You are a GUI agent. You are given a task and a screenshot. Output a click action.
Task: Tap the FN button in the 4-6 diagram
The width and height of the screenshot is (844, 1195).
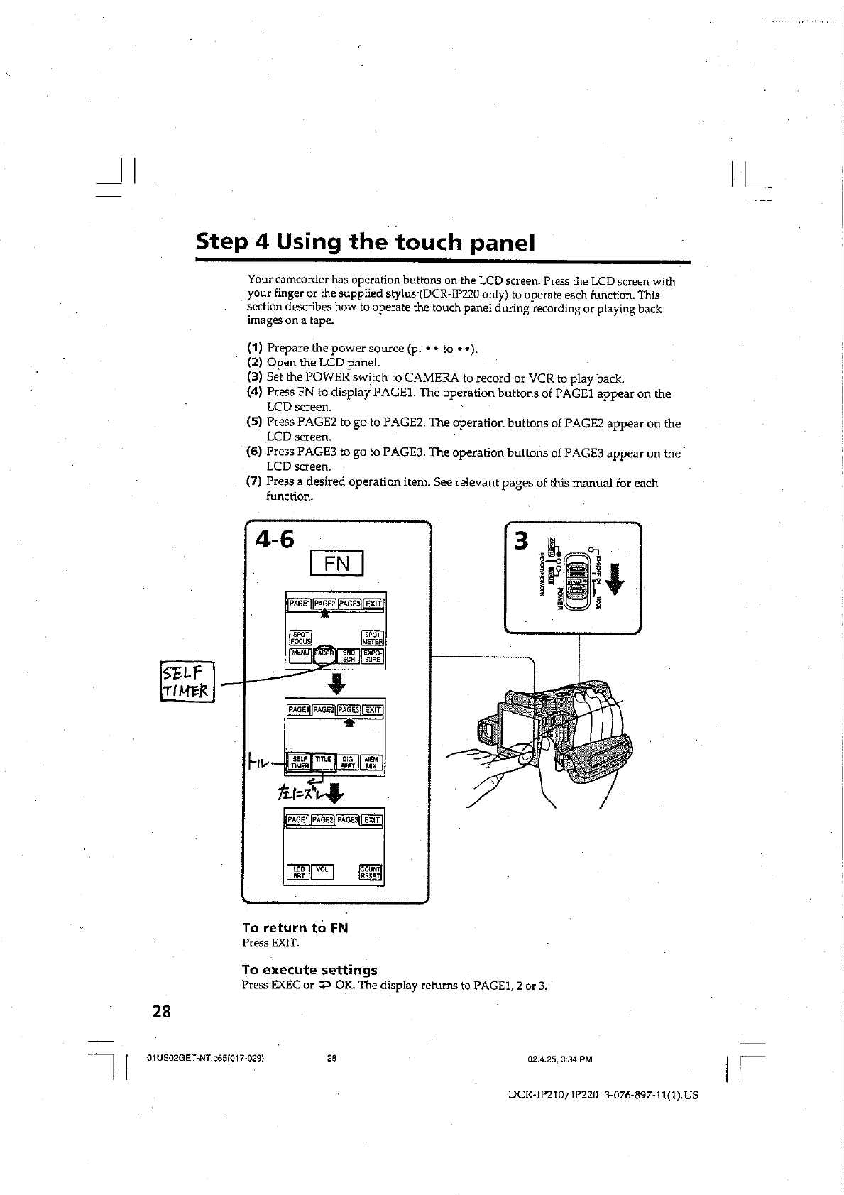[336, 564]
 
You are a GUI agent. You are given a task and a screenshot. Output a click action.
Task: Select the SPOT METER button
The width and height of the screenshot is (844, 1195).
[373, 638]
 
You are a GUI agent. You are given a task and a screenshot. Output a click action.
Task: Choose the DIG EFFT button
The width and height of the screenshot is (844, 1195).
[347, 763]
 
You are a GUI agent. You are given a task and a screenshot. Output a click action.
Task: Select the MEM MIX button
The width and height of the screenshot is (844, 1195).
[371, 763]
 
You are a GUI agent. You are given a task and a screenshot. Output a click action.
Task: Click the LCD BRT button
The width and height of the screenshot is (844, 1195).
[299, 872]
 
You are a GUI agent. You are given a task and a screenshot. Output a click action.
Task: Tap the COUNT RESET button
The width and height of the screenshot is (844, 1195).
[371, 872]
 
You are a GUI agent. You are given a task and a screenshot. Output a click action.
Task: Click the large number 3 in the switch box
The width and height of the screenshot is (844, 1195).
[522, 541]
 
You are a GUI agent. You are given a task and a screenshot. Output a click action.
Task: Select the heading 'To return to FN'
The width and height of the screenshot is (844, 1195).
[295, 928]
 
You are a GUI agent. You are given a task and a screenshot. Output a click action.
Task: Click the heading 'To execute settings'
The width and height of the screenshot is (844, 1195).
[309, 970]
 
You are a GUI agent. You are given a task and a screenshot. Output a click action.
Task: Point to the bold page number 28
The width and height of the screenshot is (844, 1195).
[161, 1011]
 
